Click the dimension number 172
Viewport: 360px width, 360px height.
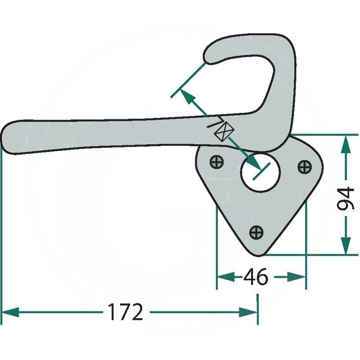(126, 312)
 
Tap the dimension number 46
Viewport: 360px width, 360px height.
(256, 277)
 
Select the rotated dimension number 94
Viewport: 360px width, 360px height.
(346, 198)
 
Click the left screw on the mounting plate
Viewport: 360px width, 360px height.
(217, 162)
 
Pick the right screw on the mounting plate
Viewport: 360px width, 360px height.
(305, 166)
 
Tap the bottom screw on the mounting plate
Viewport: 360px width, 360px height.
(256, 232)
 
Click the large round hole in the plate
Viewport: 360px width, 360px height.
(260, 172)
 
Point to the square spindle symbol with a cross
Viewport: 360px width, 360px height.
(224, 131)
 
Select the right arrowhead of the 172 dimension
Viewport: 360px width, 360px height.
(248, 312)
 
